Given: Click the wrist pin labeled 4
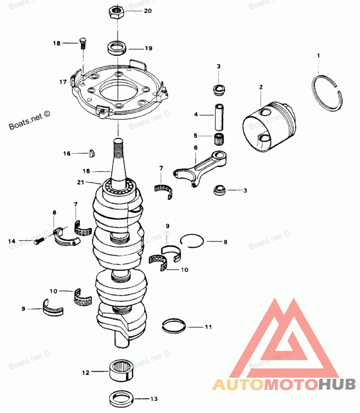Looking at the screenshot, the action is (219, 116).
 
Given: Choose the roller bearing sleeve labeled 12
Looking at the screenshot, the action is (121, 371).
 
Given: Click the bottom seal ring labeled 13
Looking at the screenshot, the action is (121, 398).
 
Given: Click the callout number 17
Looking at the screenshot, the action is (63, 82).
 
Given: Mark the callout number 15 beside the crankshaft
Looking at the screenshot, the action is (86, 171).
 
